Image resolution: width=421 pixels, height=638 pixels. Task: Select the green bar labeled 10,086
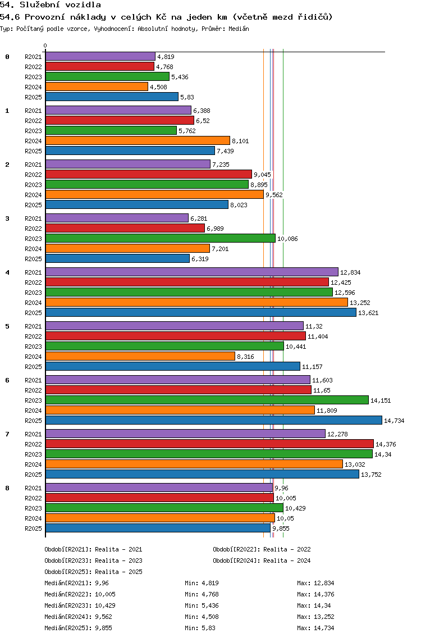[x=160, y=238]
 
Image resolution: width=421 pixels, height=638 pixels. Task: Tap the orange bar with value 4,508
[x=97, y=86]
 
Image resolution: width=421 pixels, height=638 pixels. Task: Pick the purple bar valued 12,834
[x=191, y=272]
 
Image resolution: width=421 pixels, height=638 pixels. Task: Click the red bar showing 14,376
[x=209, y=444]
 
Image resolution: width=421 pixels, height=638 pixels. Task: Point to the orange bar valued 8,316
[x=140, y=356]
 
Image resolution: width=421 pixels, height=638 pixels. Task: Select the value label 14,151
[x=381, y=400]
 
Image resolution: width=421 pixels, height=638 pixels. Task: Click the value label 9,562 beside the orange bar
[x=274, y=195]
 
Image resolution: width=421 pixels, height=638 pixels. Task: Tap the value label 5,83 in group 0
[x=187, y=97]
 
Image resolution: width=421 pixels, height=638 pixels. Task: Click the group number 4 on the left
[x=7, y=272]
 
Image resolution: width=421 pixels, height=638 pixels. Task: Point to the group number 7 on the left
[x=7, y=434]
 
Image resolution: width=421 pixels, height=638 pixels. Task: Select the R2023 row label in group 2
[x=33, y=185]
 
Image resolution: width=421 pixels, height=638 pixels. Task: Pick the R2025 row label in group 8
[x=33, y=528]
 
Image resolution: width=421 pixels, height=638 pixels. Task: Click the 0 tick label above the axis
[x=45, y=45]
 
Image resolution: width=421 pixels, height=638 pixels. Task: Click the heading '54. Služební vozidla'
[x=51, y=5]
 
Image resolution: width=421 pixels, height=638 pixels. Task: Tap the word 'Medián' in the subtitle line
[x=239, y=29]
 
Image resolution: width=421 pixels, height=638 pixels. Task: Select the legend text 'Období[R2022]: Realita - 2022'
[x=262, y=549]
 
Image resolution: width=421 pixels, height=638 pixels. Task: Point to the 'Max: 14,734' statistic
[x=315, y=628]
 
